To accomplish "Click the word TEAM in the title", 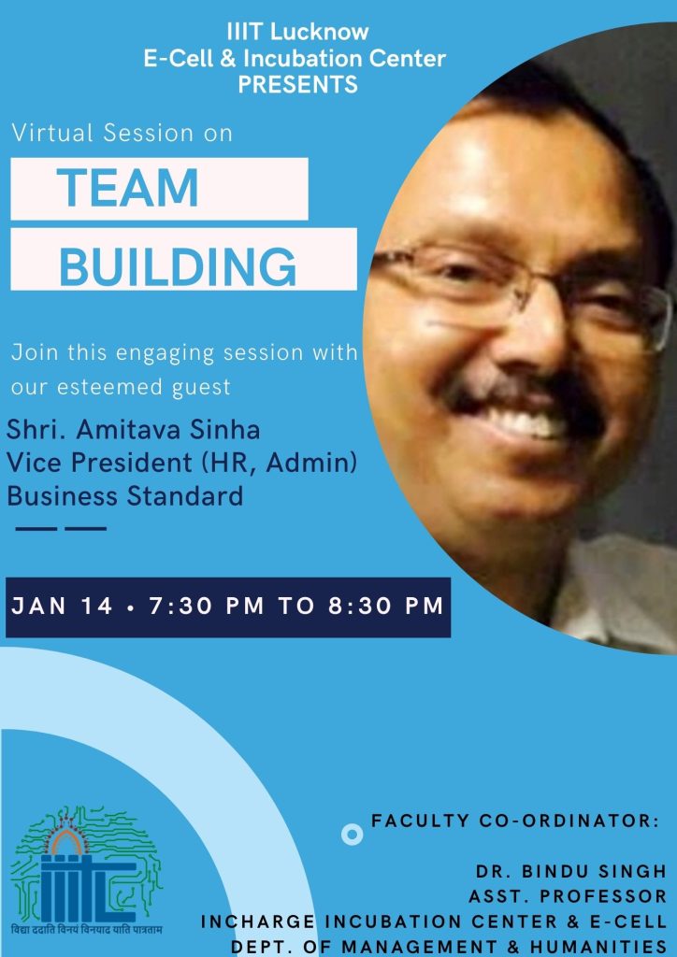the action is click(x=127, y=188).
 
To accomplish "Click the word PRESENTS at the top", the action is click(x=298, y=84).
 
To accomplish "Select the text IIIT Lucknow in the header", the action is click(x=297, y=32).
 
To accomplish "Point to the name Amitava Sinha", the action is click(x=168, y=430).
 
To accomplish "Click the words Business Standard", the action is click(x=125, y=495).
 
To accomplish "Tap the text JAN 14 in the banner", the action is click(x=63, y=606).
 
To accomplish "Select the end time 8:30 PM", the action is click(x=386, y=606).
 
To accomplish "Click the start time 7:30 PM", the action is click(x=207, y=606).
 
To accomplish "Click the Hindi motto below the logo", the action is click(x=87, y=931).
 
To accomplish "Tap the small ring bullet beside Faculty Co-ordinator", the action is click(x=353, y=834).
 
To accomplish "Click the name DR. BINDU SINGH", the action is click(x=571, y=872).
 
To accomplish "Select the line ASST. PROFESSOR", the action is click(x=568, y=896).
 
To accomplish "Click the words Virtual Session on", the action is click(x=122, y=133).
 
